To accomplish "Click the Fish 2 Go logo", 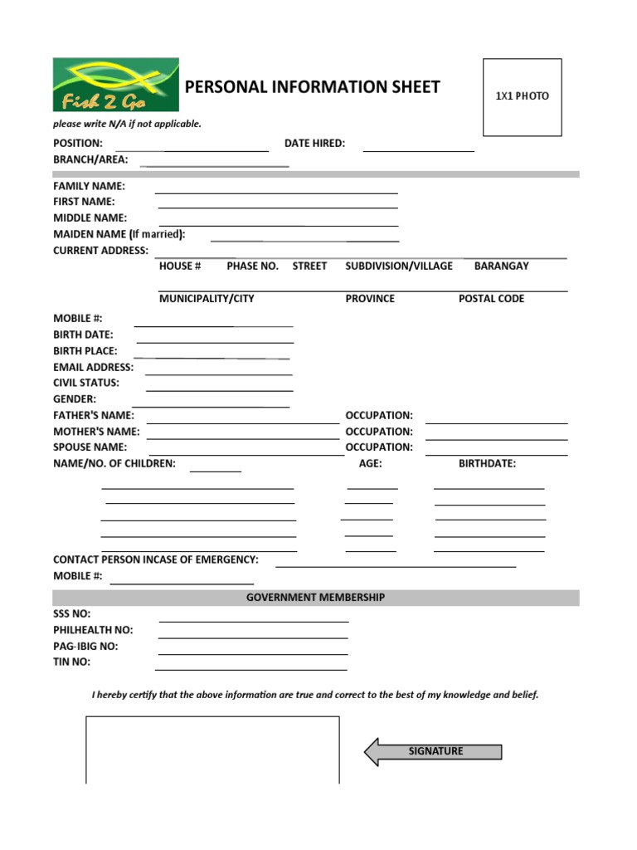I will pyautogui.click(x=115, y=85).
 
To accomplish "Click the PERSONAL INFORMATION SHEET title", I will pyautogui.click(x=312, y=87).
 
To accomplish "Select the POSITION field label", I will pyautogui.click(x=78, y=144).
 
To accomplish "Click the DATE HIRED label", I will pyautogui.click(x=314, y=144).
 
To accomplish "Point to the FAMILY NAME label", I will pyautogui.click(x=90, y=186).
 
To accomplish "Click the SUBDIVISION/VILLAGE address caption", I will pyautogui.click(x=399, y=266).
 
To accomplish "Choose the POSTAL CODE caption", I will pyautogui.click(x=491, y=299).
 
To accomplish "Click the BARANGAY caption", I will pyautogui.click(x=501, y=266).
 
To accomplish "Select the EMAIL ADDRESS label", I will pyautogui.click(x=93, y=367).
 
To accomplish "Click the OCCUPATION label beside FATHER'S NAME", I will pyautogui.click(x=379, y=415).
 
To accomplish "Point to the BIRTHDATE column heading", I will pyautogui.click(x=487, y=463).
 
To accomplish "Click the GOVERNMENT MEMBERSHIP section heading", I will pyautogui.click(x=315, y=598).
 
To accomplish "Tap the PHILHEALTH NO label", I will pyautogui.click(x=93, y=630).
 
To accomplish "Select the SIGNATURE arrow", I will pyautogui.click(x=433, y=752).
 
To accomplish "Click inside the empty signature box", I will pyautogui.click(x=212, y=750).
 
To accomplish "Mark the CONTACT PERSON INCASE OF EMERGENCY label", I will pyautogui.click(x=156, y=559).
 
